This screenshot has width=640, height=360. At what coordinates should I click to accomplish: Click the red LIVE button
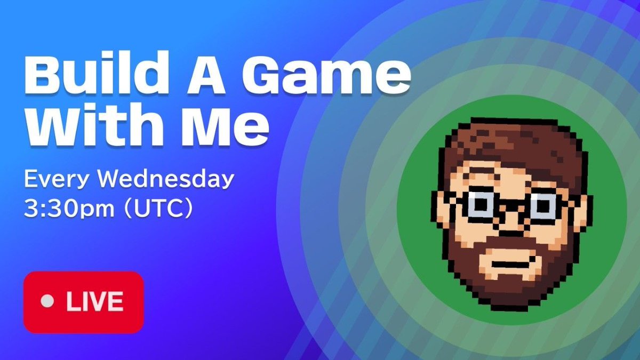[x=83, y=302]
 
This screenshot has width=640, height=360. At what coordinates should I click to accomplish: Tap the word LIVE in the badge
[x=94, y=302]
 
